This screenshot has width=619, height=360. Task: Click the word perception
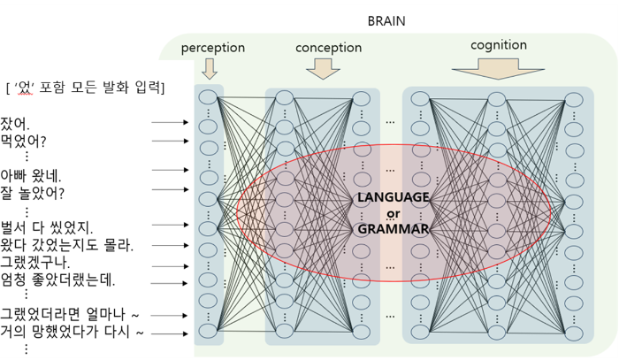click(213, 47)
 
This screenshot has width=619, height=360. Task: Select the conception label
click(328, 47)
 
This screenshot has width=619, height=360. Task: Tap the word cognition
click(500, 44)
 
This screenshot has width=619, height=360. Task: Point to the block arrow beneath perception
click(210, 68)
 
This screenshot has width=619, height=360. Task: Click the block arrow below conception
click(322, 68)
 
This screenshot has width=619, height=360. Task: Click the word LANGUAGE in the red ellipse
click(394, 196)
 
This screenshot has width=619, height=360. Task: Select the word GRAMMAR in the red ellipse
click(394, 229)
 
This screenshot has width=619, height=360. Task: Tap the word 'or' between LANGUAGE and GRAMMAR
click(394, 212)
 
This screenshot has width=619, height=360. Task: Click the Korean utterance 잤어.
click(15, 122)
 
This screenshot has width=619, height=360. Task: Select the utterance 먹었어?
click(24, 141)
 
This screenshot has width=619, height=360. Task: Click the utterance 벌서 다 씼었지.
click(47, 227)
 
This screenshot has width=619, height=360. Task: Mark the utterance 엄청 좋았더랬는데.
click(58, 280)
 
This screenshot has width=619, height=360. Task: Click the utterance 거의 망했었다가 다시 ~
click(72, 333)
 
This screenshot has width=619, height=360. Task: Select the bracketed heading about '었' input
click(85, 88)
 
